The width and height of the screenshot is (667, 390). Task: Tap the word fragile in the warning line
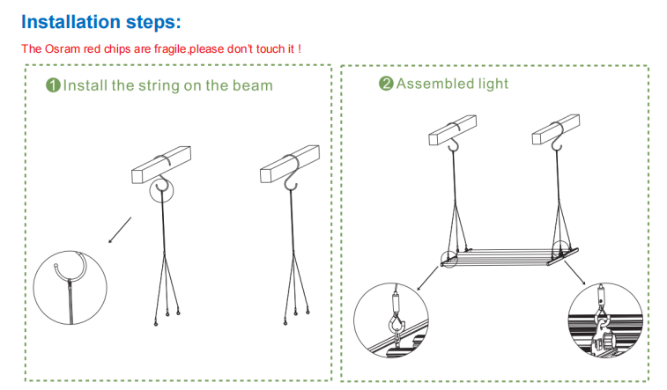170,49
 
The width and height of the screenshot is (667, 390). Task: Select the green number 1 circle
53,85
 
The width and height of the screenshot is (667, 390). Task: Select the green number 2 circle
386,84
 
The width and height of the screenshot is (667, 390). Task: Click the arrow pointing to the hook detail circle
120,231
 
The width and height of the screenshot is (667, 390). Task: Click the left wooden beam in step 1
161,165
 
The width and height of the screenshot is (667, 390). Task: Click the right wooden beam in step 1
290,164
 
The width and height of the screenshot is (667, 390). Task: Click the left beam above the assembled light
452,130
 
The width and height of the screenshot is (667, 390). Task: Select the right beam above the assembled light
556,129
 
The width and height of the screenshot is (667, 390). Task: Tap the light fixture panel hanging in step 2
509,256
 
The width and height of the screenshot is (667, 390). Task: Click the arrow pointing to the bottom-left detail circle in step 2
427,279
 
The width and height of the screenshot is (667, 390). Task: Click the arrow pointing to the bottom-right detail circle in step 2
575,273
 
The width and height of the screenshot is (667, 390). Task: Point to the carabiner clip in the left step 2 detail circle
396,325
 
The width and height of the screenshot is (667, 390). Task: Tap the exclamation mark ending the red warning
300,49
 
